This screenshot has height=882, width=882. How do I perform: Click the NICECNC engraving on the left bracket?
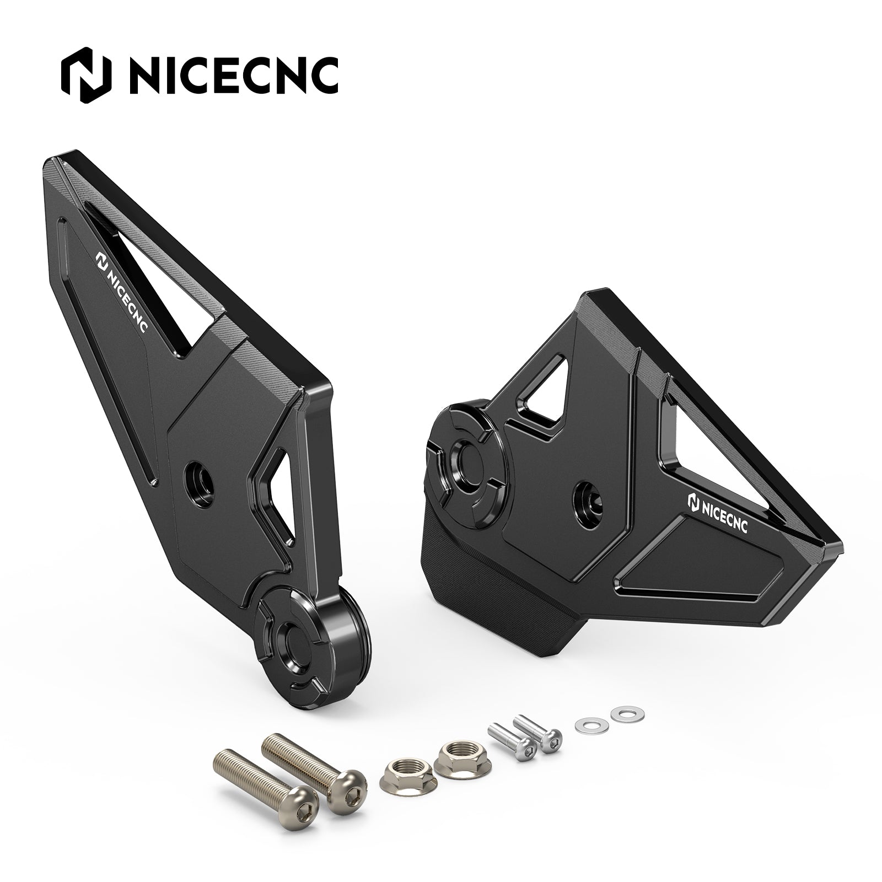(x=121, y=292)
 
